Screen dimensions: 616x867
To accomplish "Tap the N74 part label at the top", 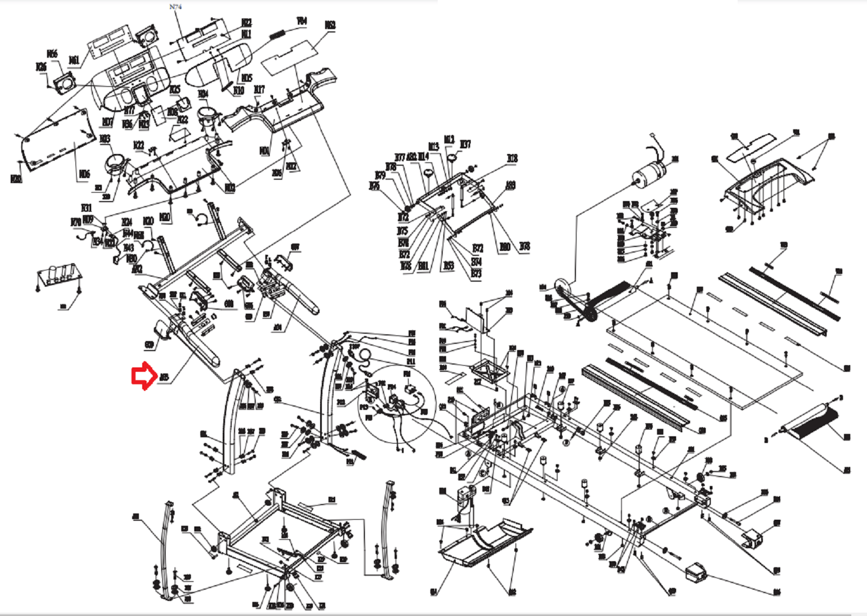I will point(175,7).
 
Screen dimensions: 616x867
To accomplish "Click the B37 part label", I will point(465,144).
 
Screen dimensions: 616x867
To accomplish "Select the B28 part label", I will point(512,158).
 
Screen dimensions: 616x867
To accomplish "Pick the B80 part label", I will point(504,246).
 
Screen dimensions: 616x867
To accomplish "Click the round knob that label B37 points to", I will point(451,161).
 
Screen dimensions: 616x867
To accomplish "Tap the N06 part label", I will point(83,174).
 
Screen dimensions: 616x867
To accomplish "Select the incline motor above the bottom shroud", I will point(466,498).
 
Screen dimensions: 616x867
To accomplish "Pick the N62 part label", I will point(330,25).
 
